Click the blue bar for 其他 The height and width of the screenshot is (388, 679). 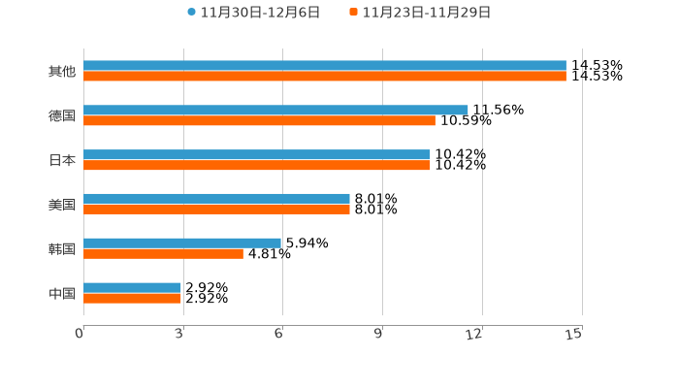tap(325, 66)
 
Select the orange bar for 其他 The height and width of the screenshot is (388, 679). tap(325, 76)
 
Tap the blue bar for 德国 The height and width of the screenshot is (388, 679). tap(275, 111)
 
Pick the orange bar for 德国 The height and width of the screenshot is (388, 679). tap(259, 121)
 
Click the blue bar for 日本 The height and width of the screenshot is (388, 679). tap(257, 155)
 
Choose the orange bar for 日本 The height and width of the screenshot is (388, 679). tap(257, 166)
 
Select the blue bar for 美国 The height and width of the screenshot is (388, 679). tap(216, 199)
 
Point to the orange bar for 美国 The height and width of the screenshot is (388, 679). tap(216, 209)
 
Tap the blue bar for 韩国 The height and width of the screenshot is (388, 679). tap(182, 243)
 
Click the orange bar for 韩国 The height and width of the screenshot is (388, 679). tap(163, 253)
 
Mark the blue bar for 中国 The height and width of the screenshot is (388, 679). tap(132, 287)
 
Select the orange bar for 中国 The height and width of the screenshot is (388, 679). tap(132, 298)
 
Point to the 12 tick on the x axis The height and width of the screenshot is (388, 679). tap(474, 335)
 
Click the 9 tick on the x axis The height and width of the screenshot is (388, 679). tap(378, 335)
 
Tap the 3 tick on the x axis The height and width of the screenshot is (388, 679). tap(179, 335)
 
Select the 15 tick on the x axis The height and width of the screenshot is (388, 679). tap(574, 335)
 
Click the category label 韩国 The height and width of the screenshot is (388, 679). tap(62, 249)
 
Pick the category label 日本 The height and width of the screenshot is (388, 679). tap(62, 161)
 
